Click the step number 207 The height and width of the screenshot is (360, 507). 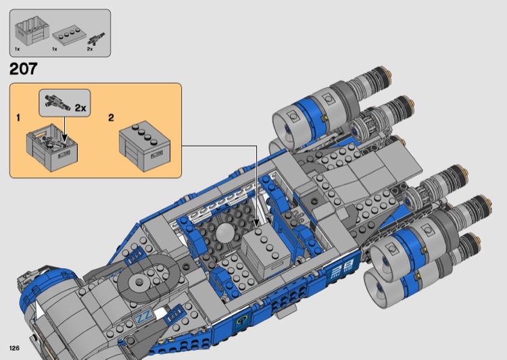[x=23, y=69]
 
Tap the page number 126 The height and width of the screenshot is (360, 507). [x=15, y=348]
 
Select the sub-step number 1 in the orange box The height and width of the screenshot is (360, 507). [x=18, y=118]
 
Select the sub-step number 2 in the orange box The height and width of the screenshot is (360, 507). [x=111, y=118]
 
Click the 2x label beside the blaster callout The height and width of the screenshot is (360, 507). [x=80, y=108]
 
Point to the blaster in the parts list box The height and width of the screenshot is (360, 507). [x=96, y=39]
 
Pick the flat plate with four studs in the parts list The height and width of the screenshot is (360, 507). [x=71, y=36]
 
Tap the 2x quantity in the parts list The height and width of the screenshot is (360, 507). [x=89, y=49]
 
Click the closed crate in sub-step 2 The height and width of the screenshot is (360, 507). [x=145, y=146]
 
